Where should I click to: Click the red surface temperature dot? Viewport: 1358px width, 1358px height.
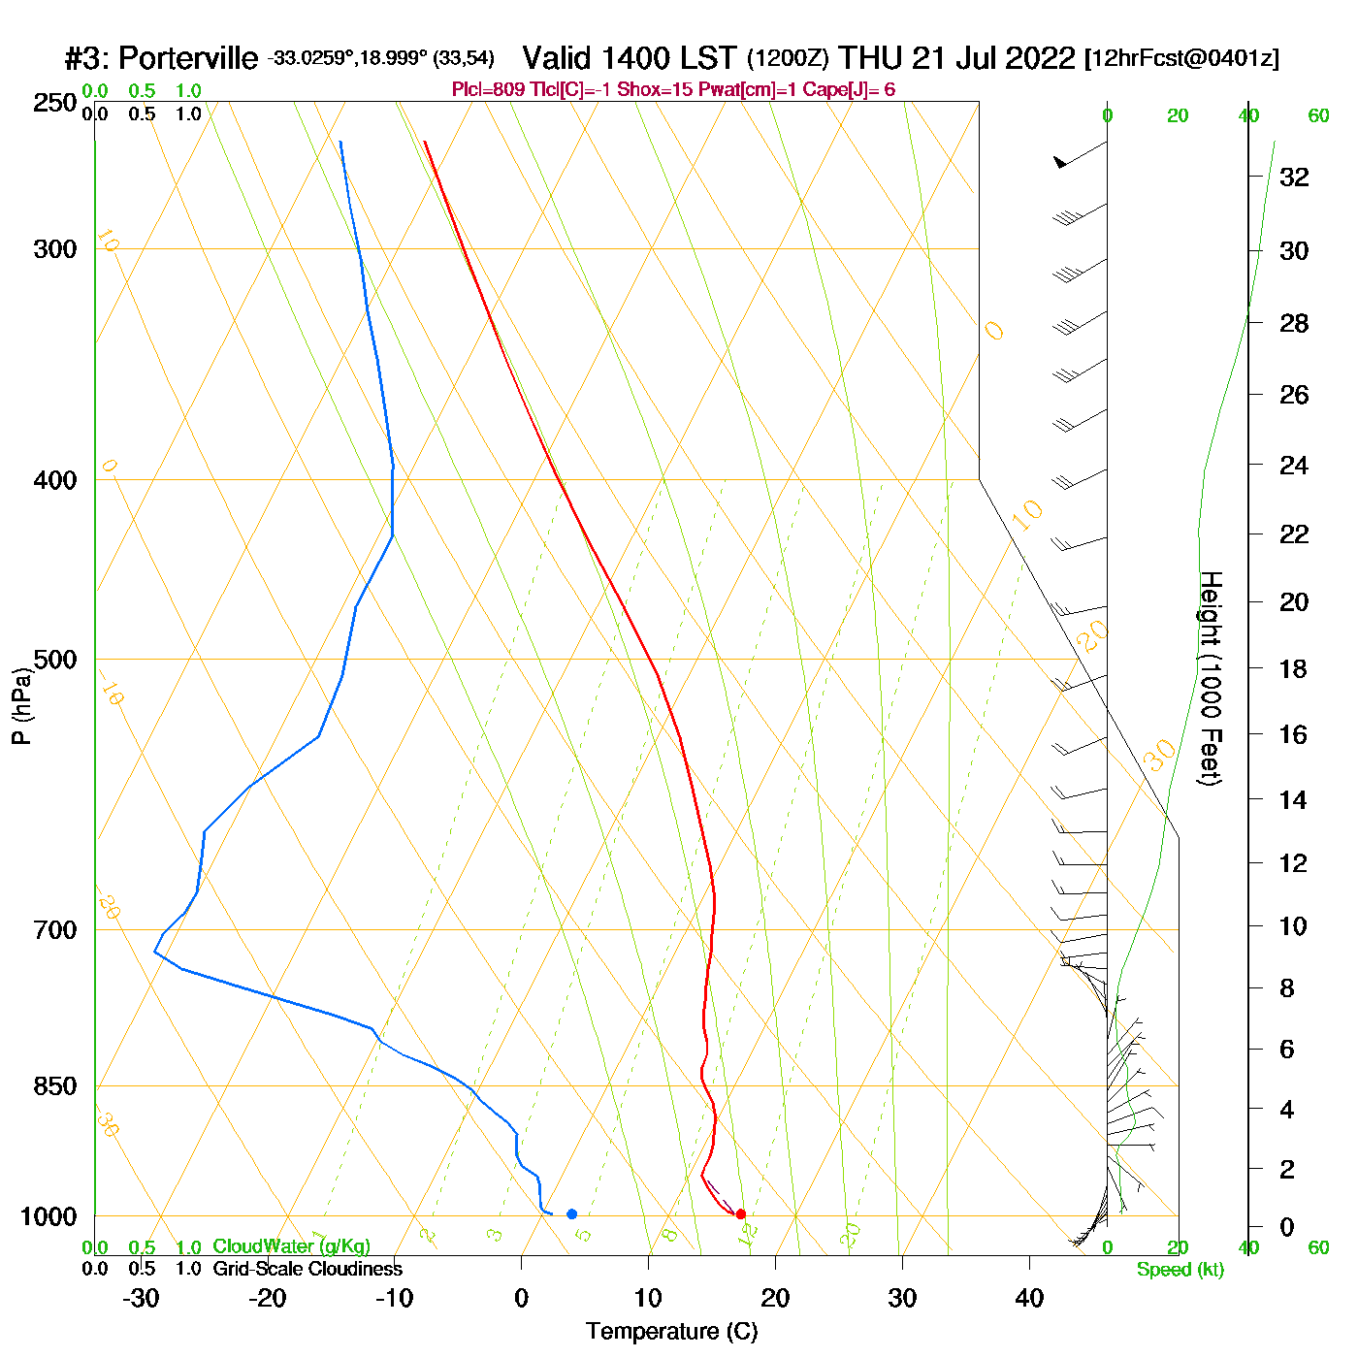[x=740, y=1213]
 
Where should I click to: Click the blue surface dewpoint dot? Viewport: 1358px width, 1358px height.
[x=571, y=1213]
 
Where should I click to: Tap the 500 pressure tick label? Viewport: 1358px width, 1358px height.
[x=55, y=660]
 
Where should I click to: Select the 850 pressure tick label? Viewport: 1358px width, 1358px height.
[x=55, y=1086]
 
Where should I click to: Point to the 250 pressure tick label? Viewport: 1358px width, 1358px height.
[x=55, y=103]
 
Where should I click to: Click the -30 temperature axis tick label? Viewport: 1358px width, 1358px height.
[x=141, y=1298]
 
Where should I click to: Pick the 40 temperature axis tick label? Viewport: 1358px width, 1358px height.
[x=1029, y=1298]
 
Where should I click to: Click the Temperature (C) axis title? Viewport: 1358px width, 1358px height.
[x=671, y=1331]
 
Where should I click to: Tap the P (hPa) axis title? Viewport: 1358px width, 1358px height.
[x=21, y=706]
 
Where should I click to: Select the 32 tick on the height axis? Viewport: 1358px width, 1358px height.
[x=1294, y=177]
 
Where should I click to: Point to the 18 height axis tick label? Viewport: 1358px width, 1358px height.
[x=1294, y=668]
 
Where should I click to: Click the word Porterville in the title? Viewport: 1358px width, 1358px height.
[x=188, y=58]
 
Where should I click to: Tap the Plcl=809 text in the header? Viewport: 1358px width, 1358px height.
[x=491, y=90]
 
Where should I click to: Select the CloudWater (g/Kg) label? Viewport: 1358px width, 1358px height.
[x=291, y=1246]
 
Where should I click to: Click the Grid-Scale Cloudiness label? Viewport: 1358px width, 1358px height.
[x=307, y=1269]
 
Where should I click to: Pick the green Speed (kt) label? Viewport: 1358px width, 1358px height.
[x=1180, y=1270]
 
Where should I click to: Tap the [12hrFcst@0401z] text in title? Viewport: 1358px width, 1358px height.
[x=1181, y=58]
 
